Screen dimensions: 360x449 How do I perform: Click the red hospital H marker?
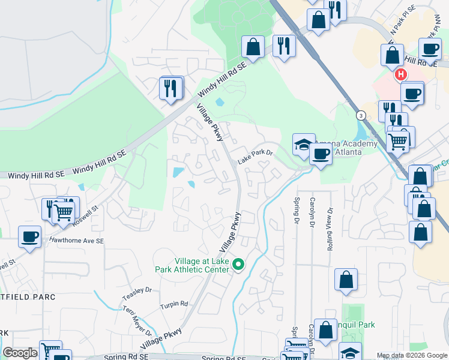(400, 74)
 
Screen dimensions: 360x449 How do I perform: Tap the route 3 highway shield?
(360, 115)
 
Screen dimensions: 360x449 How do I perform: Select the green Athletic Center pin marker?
(238, 264)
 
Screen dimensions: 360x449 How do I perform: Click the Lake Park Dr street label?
(255, 157)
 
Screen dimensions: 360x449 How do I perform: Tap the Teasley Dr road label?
(137, 293)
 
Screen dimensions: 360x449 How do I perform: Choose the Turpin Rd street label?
(174, 305)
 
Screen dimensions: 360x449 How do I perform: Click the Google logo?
(20, 353)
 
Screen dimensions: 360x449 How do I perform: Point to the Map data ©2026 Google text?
(412, 355)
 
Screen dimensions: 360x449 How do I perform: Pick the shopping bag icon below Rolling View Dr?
(346, 280)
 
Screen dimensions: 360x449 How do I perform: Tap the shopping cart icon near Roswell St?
(64, 211)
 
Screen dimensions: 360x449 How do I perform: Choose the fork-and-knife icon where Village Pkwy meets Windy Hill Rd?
(171, 88)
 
